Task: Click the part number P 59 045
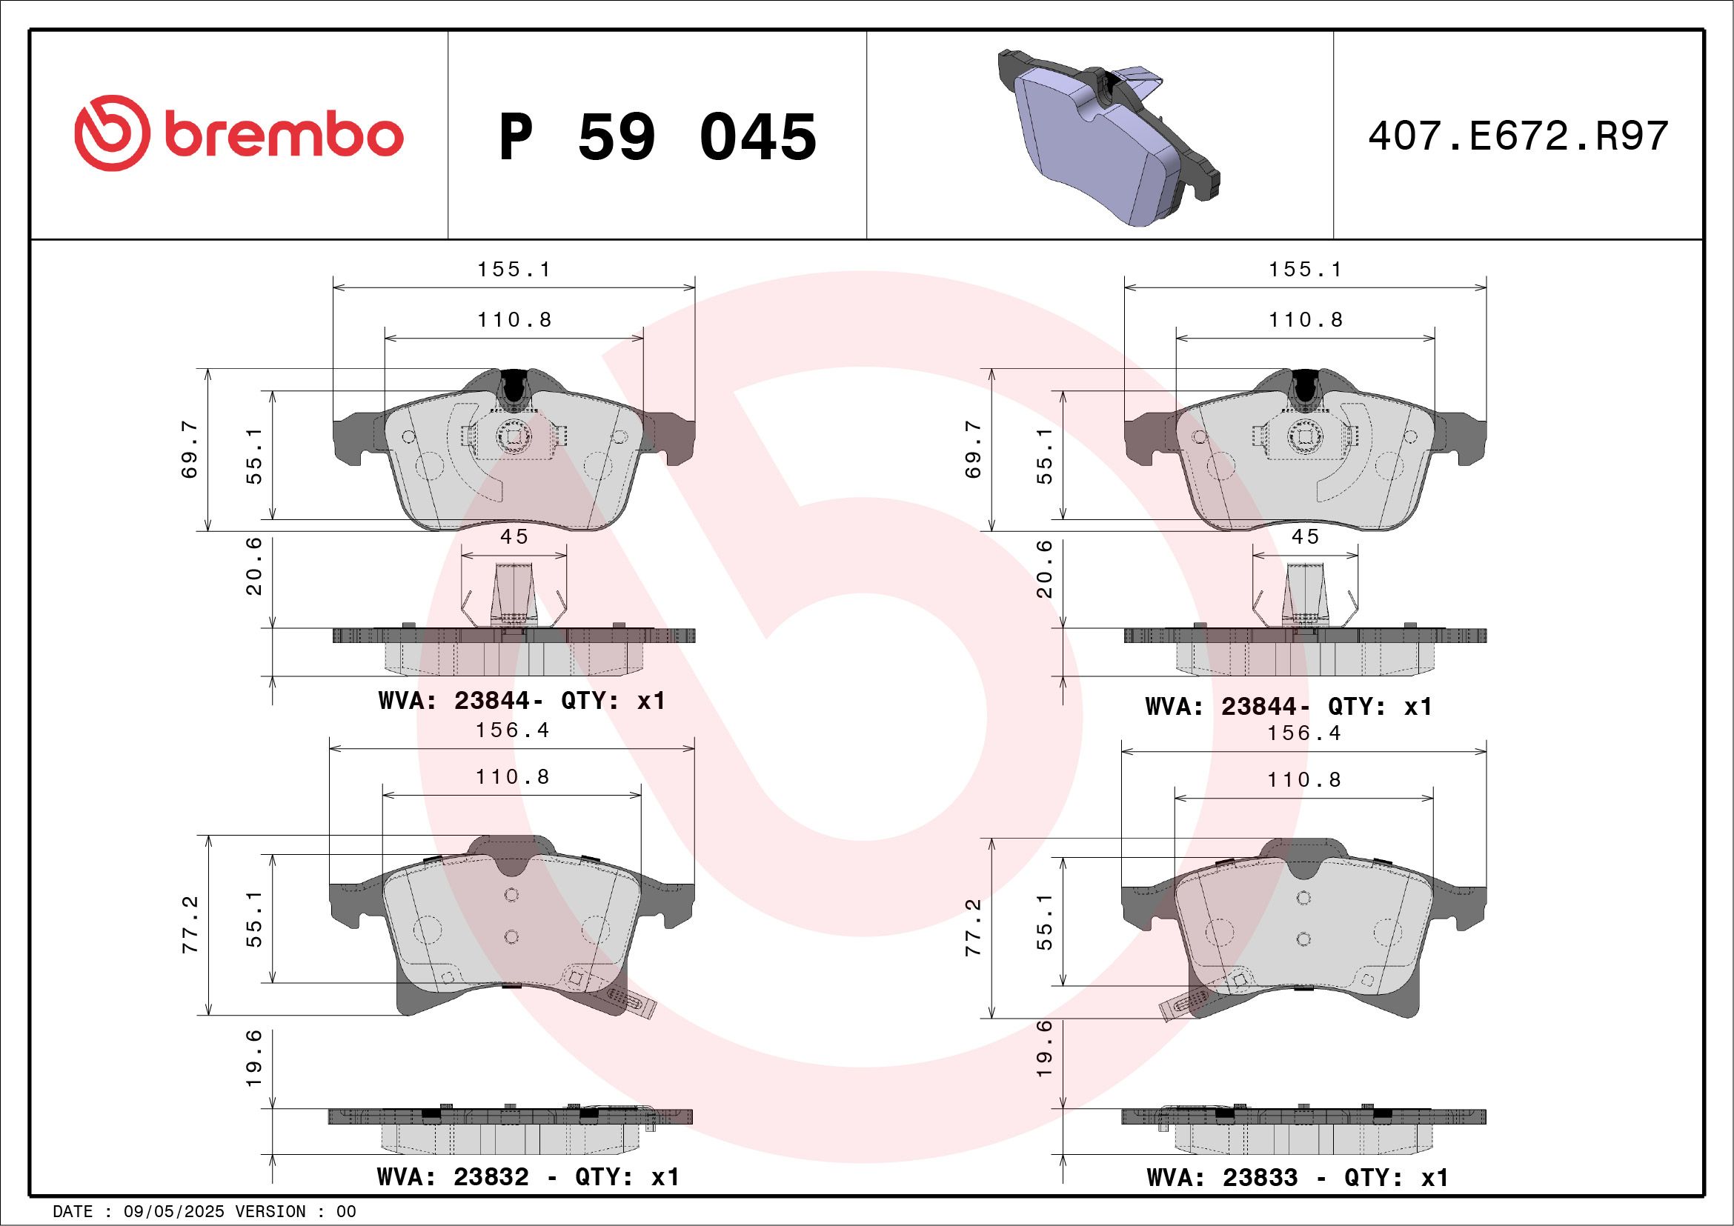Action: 658,137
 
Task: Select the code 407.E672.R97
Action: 1518,136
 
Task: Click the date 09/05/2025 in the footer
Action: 173,1211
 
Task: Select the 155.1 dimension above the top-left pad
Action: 514,270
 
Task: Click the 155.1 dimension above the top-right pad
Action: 1305,270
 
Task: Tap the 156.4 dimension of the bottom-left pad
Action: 512,730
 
